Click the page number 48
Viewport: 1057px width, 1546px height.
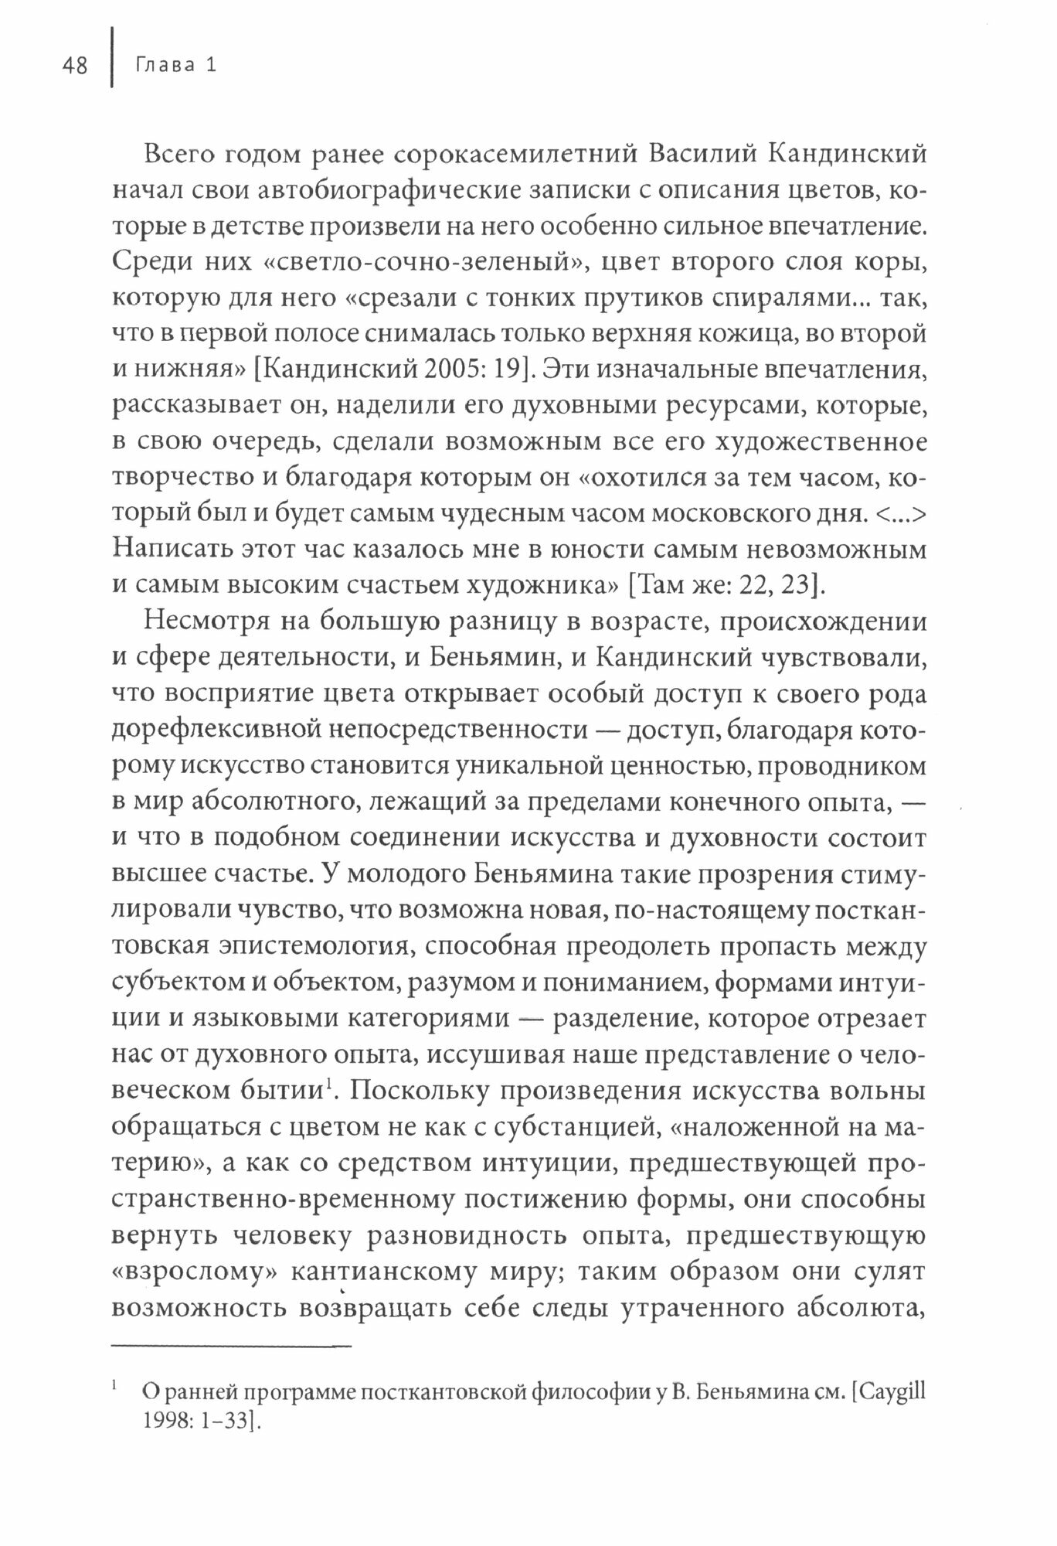pos(75,66)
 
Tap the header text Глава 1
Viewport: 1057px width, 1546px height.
pos(175,66)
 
